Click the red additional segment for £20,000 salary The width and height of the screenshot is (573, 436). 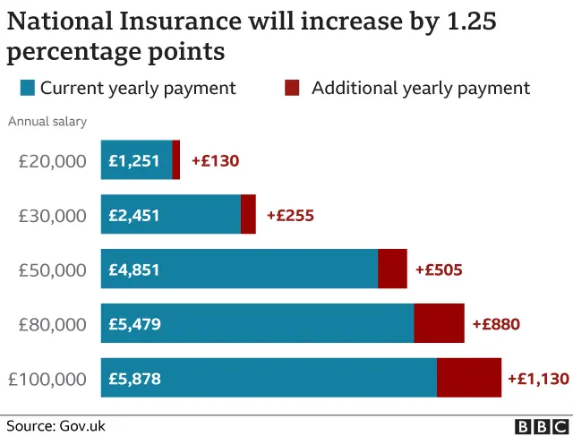(176, 160)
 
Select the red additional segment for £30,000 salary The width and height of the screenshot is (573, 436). (249, 215)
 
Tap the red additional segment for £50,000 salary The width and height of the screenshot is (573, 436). (392, 269)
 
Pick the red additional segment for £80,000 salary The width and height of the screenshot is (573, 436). (439, 323)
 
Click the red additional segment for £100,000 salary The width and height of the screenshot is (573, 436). (469, 378)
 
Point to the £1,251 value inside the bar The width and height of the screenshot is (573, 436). (134, 161)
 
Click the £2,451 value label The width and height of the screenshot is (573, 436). (134, 216)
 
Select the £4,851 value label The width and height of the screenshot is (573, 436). (134, 269)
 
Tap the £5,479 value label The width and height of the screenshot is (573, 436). (134, 324)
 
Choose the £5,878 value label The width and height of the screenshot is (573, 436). (134, 379)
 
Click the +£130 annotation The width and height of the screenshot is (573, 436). (215, 161)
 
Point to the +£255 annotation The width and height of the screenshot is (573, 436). (290, 216)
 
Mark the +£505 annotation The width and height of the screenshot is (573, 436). (439, 269)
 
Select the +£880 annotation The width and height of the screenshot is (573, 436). (496, 324)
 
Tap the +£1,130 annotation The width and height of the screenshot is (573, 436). (537, 379)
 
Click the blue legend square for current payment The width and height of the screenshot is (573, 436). (27, 88)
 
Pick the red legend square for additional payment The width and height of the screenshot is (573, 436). (292, 88)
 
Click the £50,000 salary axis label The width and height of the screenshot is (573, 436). (53, 269)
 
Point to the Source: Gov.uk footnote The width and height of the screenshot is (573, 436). (56, 426)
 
